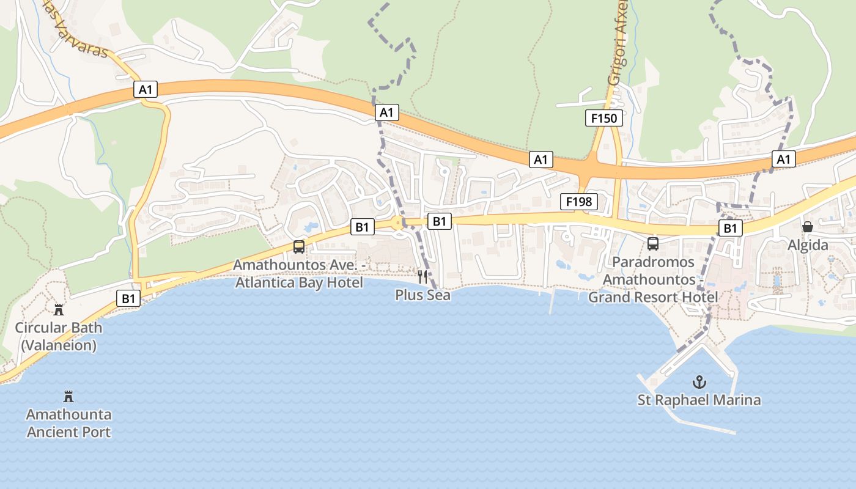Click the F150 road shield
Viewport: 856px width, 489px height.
click(604, 118)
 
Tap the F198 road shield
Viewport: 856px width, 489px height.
click(578, 202)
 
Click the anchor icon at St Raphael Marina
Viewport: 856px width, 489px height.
click(699, 383)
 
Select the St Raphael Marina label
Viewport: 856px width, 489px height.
click(699, 400)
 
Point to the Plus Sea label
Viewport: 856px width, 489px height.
click(422, 295)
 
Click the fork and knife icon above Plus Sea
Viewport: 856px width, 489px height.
click(422, 276)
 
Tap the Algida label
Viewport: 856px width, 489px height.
click(808, 245)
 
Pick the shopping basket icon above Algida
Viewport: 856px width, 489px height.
click(808, 227)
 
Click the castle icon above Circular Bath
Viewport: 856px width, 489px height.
click(59, 309)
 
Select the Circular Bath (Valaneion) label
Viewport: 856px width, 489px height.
click(59, 336)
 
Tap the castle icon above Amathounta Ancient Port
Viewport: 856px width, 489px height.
click(68, 397)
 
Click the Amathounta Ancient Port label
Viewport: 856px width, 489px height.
click(68, 423)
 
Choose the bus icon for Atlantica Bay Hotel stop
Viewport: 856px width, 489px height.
click(299, 247)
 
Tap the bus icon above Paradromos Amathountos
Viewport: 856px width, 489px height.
click(653, 244)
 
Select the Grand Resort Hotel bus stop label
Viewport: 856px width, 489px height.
click(653, 279)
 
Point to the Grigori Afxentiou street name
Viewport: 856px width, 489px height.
click(618, 43)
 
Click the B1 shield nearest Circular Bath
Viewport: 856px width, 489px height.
click(128, 298)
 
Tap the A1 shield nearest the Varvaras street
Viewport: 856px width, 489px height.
click(146, 90)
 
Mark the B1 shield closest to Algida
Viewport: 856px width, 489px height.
click(730, 229)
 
